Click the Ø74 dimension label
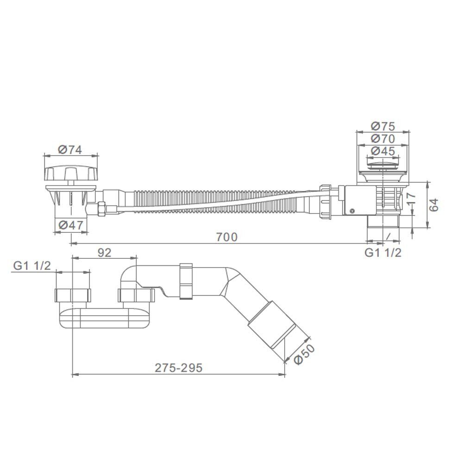pyautogui.click(x=70, y=150)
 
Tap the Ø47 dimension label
pyautogui.click(x=71, y=225)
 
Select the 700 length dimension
pyautogui.click(x=226, y=237)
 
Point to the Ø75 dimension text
pyautogui.click(x=383, y=126)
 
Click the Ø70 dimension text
pyautogui.click(x=383, y=138)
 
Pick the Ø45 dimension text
pyautogui.click(x=383, y=151)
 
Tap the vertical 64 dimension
pyautogui.click(x=434, y=205)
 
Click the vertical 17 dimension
pyautogui.click(x=411, y=199)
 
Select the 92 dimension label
pyautogui.click(x=104, y=252)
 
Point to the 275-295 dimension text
pyautogui.click(x=179, y=368)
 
